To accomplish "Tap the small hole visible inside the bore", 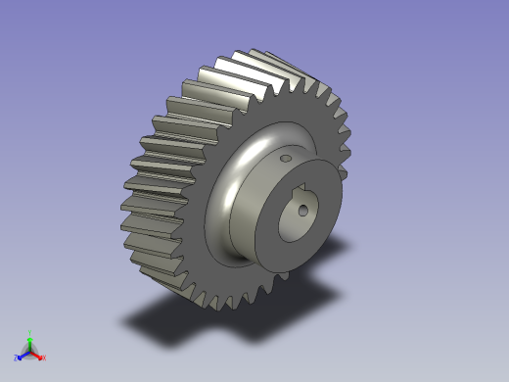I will (x=304, y=208).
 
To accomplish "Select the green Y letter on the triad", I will (x=30, y=333).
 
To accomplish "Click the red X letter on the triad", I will (x=44, y=358).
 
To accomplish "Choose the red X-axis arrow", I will (x=37, y=355).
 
